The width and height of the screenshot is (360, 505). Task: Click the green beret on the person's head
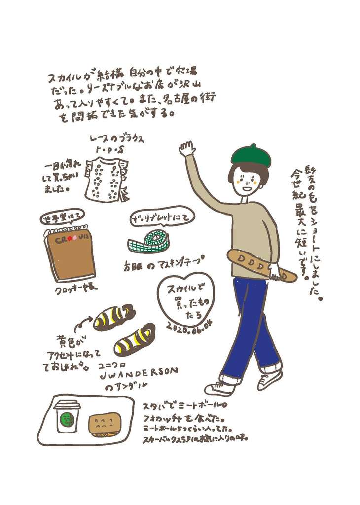point(251,155)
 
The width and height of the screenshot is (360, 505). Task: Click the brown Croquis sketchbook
point(71,254)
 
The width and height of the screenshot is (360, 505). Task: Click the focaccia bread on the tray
point(105,424)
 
